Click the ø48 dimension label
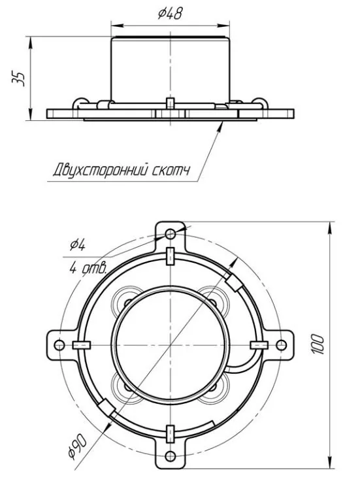tap(171, 14)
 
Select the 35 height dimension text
tap(18, 78)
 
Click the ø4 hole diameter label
tap(78, 245)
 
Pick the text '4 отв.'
tap(88, 269)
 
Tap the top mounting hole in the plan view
tap(171, 235)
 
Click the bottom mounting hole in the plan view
tap(171, 456)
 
